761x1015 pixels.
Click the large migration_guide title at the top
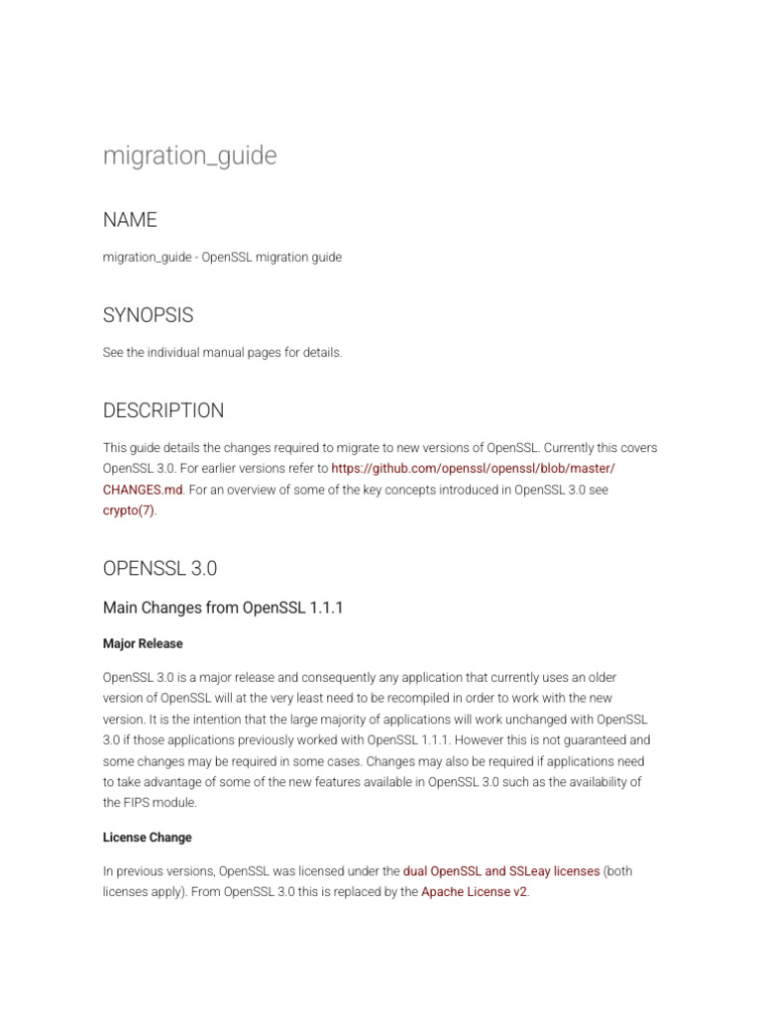pyautogui.click(x=189, y=156)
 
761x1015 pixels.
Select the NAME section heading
pyautogui.click(x=130, y=219)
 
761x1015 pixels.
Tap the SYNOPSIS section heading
pyautogui.click(x=148, y=315)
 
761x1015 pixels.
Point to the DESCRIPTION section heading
pyautogui.click(x=163, y=410)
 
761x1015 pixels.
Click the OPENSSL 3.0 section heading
pyautogui.click(x=160, y=569)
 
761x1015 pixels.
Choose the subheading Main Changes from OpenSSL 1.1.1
pyautogui.click(x=223, y=608)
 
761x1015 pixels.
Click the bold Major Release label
pyautogui.click(x=143, y=643)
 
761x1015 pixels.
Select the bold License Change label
pyautogui.click(x=148, y=838)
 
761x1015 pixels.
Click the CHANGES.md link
pyautogui.click(x=143, y=490)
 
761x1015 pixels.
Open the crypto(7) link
pyautogui.click(x=129, y=511)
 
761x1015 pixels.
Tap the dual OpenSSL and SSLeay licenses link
pyautogui.click(x=500, y=871)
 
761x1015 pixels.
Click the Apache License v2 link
pyautogui.click(x=474, y=892)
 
